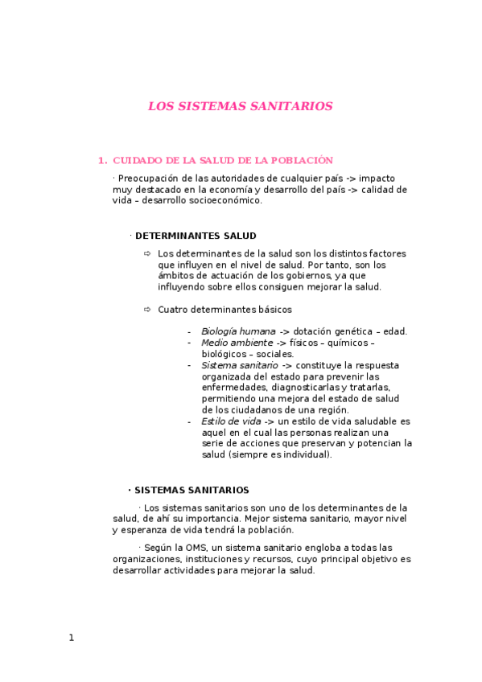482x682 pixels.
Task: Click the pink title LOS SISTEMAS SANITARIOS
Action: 240,106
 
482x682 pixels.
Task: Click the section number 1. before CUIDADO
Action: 102,161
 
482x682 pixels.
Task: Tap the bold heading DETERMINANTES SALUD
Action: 196,236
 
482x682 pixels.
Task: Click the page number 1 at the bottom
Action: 71,638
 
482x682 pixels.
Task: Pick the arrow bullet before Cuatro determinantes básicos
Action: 147,310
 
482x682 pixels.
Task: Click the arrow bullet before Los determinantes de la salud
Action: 147,253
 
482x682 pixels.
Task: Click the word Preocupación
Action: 149,179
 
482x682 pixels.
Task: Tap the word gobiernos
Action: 282,276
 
